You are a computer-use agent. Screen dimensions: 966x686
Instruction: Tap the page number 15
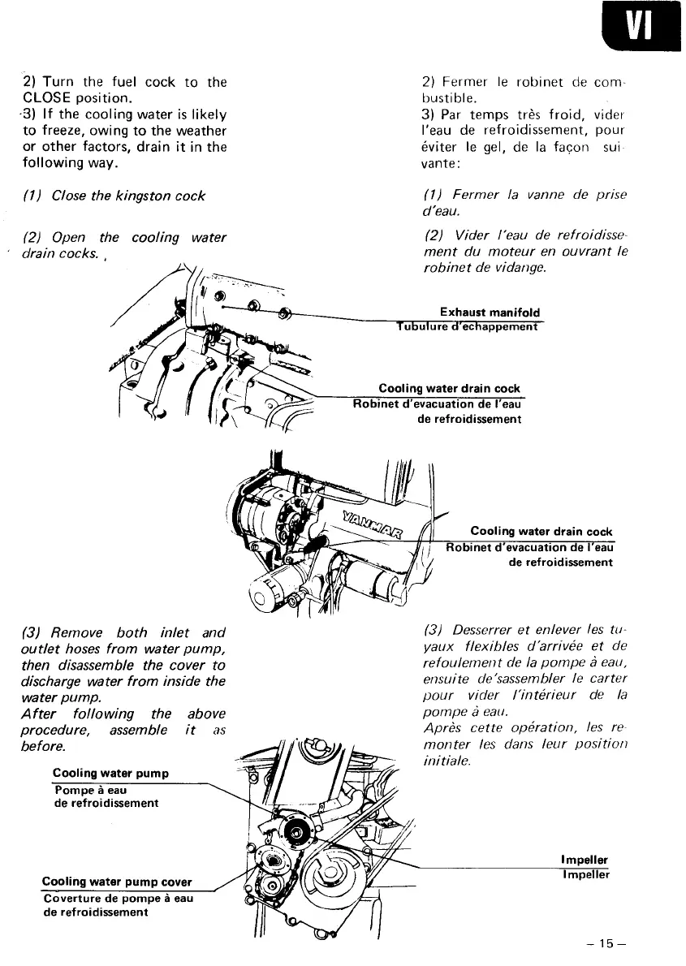pyautogui.click(x=608, y=942)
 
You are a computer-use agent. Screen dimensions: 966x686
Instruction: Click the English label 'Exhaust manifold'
pyautogui.click(x=489, y=313)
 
